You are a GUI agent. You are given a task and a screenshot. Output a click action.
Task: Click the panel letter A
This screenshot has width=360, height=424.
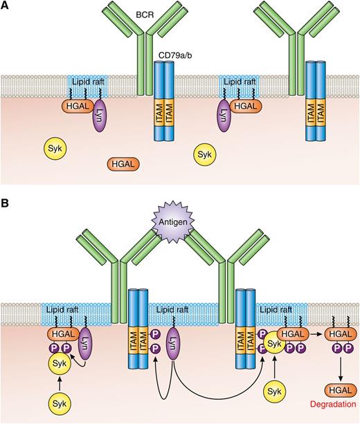6,6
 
